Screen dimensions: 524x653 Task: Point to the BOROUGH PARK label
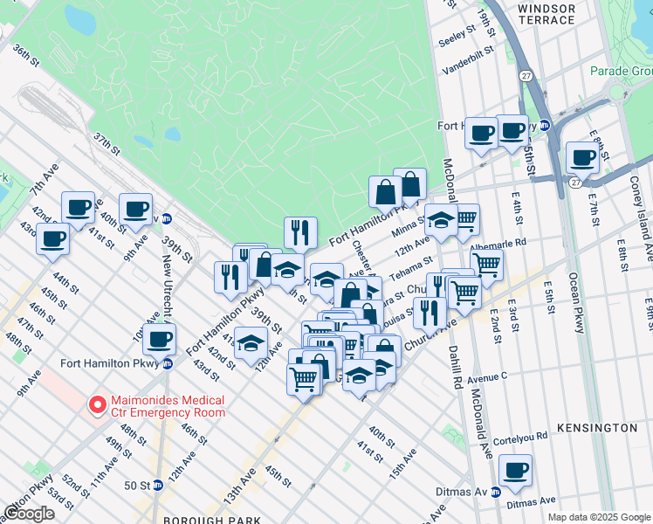coord(230,519)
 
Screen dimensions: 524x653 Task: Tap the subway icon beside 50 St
coord(158,485)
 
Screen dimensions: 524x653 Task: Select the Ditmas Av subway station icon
coord(496,493)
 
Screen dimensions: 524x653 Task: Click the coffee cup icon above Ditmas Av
coord(515,471)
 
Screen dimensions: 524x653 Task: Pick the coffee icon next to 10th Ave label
coord(158,339)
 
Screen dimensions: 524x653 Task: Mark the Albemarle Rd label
coord(522,243)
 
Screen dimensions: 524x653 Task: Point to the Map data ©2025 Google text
coord(598,517)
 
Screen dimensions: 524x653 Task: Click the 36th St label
coord(26,58)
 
